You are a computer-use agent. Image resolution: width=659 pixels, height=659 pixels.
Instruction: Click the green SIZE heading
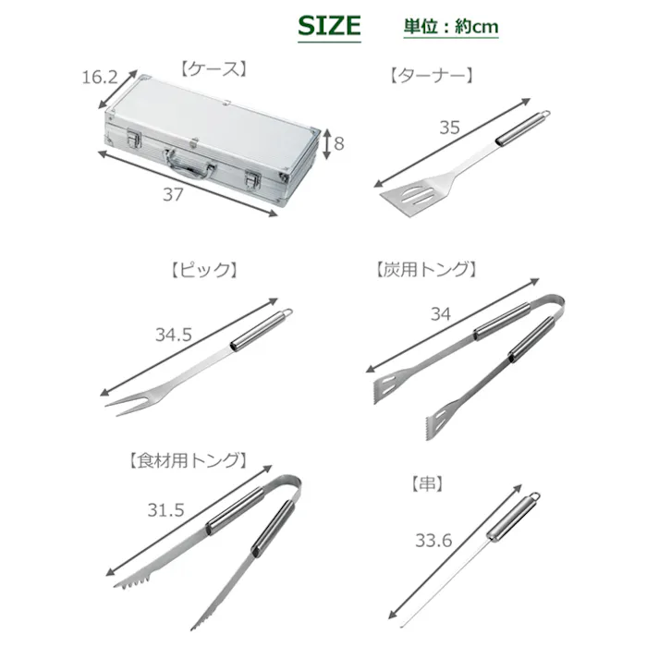(329, 26)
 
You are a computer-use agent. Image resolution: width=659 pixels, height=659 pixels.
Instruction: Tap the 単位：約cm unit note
(451, 27)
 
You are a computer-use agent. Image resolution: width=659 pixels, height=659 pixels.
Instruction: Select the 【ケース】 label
(214, 69)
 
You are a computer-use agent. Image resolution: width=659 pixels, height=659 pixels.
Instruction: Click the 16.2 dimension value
(100, 78)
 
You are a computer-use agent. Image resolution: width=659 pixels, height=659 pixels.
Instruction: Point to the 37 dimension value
(173, 194)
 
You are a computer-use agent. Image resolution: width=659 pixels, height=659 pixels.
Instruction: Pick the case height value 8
(339, 144)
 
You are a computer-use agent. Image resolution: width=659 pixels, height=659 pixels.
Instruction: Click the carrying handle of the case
(189, 164)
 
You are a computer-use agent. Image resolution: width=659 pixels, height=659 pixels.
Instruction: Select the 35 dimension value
(450, 128)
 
